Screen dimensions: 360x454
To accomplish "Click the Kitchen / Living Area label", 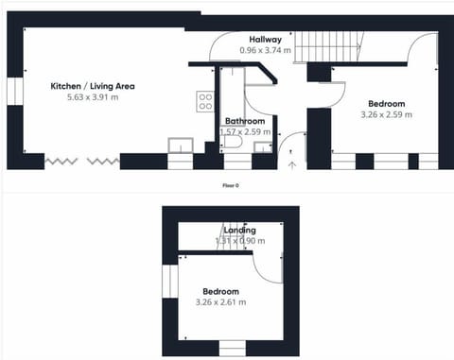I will (93, 86).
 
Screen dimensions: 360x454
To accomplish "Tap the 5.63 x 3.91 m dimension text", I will (93, 97).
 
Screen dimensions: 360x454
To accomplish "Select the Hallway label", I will (265, 39).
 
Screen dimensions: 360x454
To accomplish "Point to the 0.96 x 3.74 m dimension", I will (265, 50).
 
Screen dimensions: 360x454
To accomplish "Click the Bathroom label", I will (244, 121).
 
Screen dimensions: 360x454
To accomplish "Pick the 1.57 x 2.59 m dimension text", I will (244, 132).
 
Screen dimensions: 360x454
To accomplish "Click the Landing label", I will (239, 231).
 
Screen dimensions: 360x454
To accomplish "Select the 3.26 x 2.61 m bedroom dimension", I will (219, 302).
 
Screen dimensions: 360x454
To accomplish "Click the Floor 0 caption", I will (230, 185).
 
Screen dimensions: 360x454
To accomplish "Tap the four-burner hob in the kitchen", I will (204, 102).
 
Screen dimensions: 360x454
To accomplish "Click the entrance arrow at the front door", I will (291, 164).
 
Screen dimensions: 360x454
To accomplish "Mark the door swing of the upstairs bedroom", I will (270, 268).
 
